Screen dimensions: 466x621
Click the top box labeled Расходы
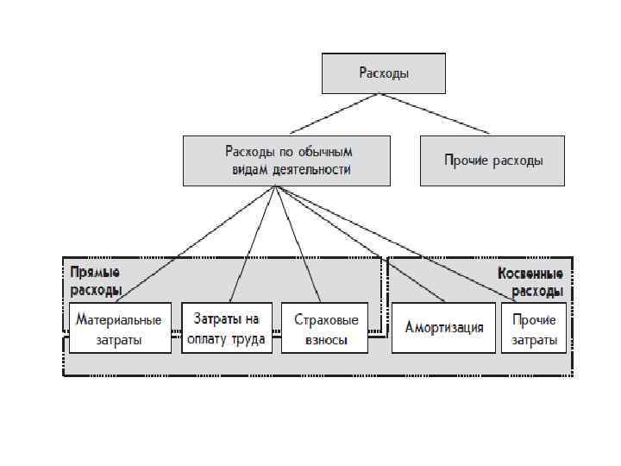click(x=384, y=73)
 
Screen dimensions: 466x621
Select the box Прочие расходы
click(x=492, y=161)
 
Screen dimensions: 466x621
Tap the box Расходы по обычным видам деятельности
click(x=285, y=161)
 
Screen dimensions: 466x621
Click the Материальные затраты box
click(x=119, y=328)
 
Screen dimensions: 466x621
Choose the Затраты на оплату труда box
click(x=227, y=328)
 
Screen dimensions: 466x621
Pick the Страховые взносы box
click(x=325, y=328)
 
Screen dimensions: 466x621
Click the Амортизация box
click(x=444, y=328)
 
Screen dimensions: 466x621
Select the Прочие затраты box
click(x=534, y=328)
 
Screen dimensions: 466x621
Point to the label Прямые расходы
click(x=96, y=281)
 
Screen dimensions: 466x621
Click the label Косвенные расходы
click(x=530, y=281)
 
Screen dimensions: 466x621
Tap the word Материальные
click(x=119, y=319)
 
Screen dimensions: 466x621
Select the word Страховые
click(x=325, y=319)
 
